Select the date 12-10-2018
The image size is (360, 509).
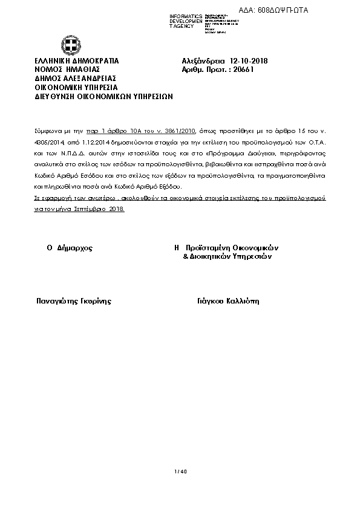(249, 61)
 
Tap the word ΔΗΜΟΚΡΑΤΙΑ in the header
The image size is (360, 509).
(94, 61)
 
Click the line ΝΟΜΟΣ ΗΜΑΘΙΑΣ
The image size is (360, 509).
(67, 70)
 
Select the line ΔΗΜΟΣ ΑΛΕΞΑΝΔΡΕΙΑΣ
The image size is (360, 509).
(75, 78)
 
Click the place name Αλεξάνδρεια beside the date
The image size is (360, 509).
(204, 61)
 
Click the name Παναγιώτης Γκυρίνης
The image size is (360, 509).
(74, 300)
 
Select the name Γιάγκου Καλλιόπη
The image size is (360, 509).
(228, 300)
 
